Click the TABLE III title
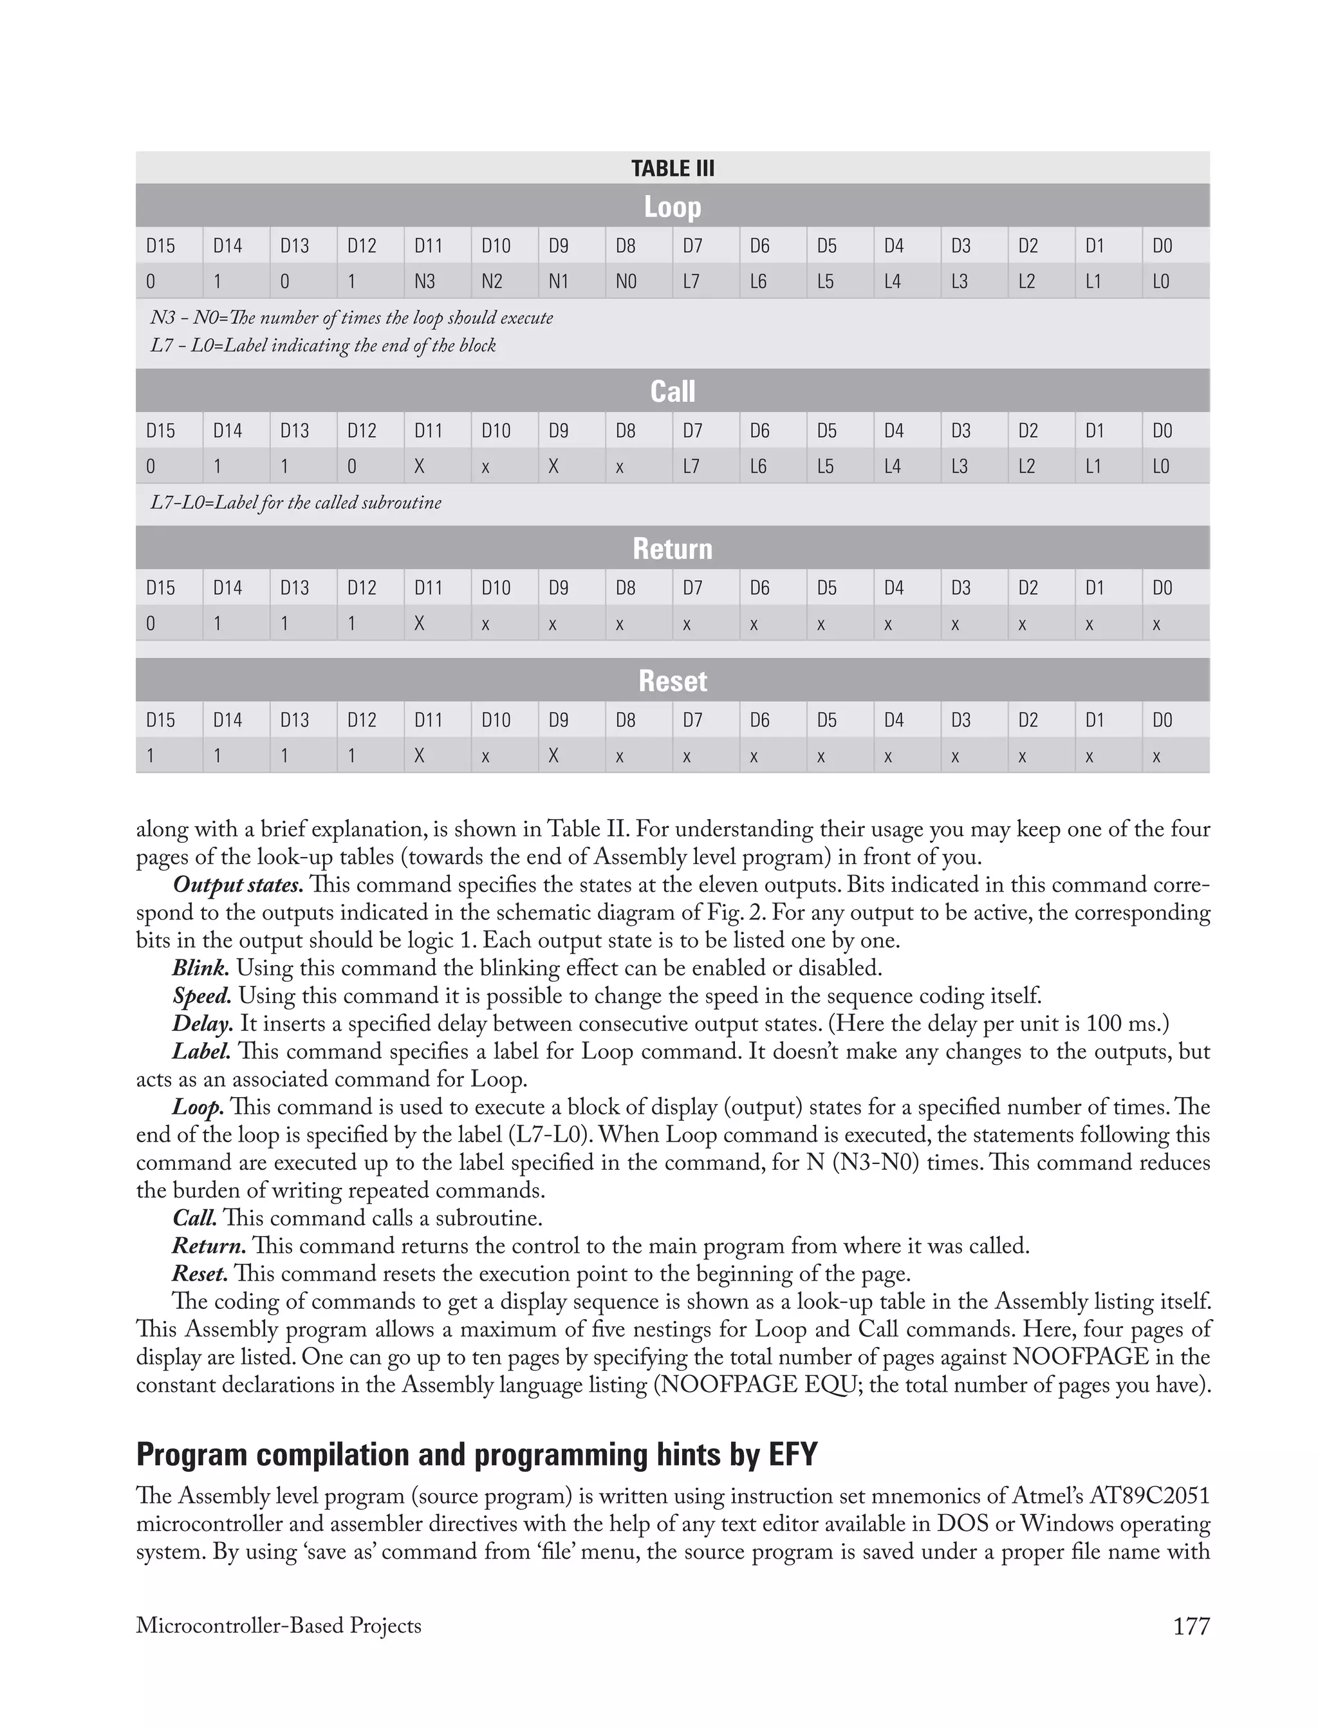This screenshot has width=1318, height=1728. (673, 169)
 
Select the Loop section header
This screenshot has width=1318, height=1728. (673, 207)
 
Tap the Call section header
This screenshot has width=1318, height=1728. (673, 391)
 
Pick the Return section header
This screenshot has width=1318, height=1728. (673, 549)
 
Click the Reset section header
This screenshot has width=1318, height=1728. (673, 681)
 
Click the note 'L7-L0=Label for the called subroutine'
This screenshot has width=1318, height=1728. (296, 502)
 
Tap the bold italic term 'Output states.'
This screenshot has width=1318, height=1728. (237, 885)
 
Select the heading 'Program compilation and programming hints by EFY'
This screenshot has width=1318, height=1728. (477, 1454)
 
